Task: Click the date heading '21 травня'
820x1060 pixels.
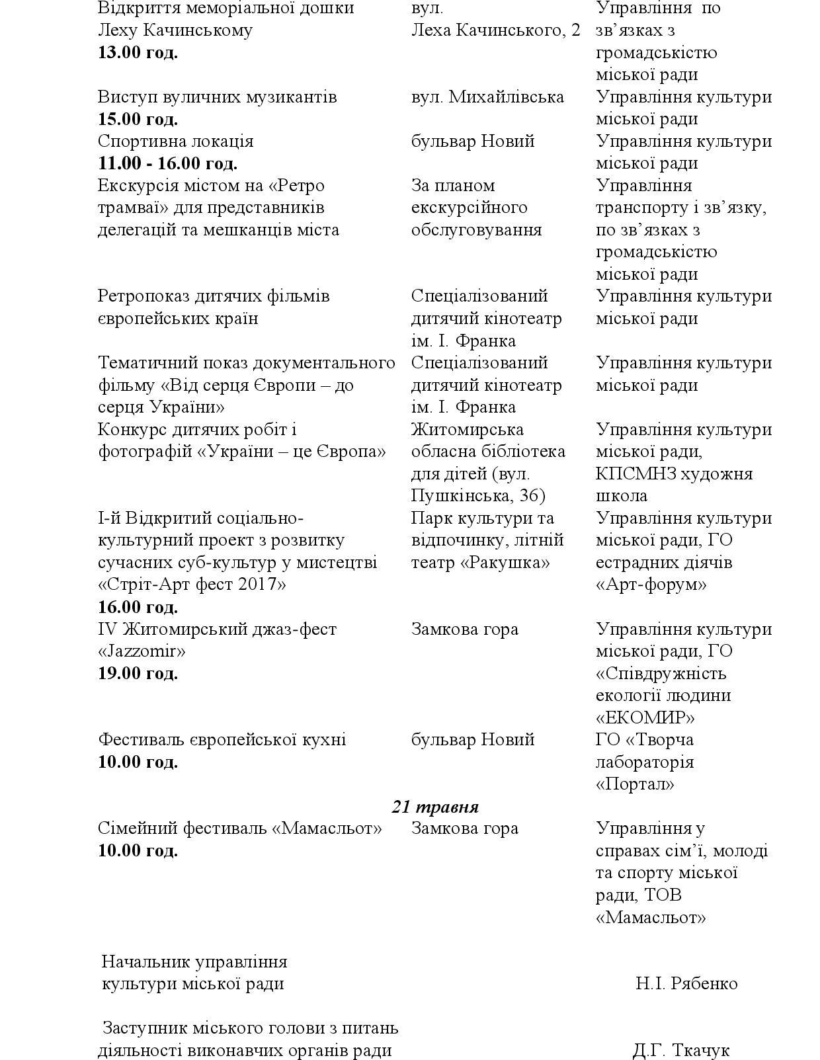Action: coord(435,807)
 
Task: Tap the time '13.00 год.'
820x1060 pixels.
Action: coord(138,53)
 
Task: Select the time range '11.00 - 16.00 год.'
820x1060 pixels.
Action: coord(167,163)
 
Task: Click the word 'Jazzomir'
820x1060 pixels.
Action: coord(142,651)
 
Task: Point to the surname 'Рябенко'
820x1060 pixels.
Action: coord(704,984)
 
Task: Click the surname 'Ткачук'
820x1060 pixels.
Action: coord(700,1051)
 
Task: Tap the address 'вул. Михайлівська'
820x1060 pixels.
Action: coord(487,97)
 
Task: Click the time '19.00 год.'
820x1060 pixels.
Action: coord(138,674)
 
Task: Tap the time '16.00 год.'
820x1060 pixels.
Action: coord(138,607)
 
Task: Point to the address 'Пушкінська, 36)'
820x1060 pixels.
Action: coord(478,496)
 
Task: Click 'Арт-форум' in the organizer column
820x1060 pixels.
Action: coord(651,585)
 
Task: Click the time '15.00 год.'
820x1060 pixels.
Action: coord(138,120)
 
